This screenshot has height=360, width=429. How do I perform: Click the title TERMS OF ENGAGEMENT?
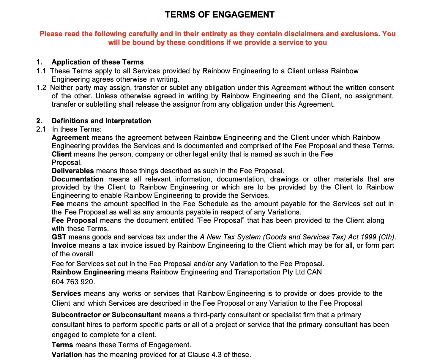tap(220, 15)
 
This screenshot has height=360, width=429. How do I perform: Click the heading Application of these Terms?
tap(97, 62)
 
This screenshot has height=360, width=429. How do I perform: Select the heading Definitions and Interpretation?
tap(101, 121)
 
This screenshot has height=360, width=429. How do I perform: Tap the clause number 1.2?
tap(41, 88)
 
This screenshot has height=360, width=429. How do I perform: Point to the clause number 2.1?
tap(41, 129)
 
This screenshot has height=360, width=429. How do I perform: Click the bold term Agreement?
tap(70, 138)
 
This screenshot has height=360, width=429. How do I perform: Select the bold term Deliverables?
tap(72, 171)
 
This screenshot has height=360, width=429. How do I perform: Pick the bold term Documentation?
tap(78, 179)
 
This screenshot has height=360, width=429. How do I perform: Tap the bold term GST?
tap(59, 237)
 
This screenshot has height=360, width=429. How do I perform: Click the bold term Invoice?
tap(64, 245)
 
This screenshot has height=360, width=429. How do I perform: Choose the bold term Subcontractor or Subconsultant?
tap(106, 315)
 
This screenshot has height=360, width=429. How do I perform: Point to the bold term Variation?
tap(67, 355)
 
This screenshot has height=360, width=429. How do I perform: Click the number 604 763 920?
tap(73, 282)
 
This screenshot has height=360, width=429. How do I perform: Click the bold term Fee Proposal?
tap(74, 220)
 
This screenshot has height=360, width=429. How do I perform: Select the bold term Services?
tap(66, 293)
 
